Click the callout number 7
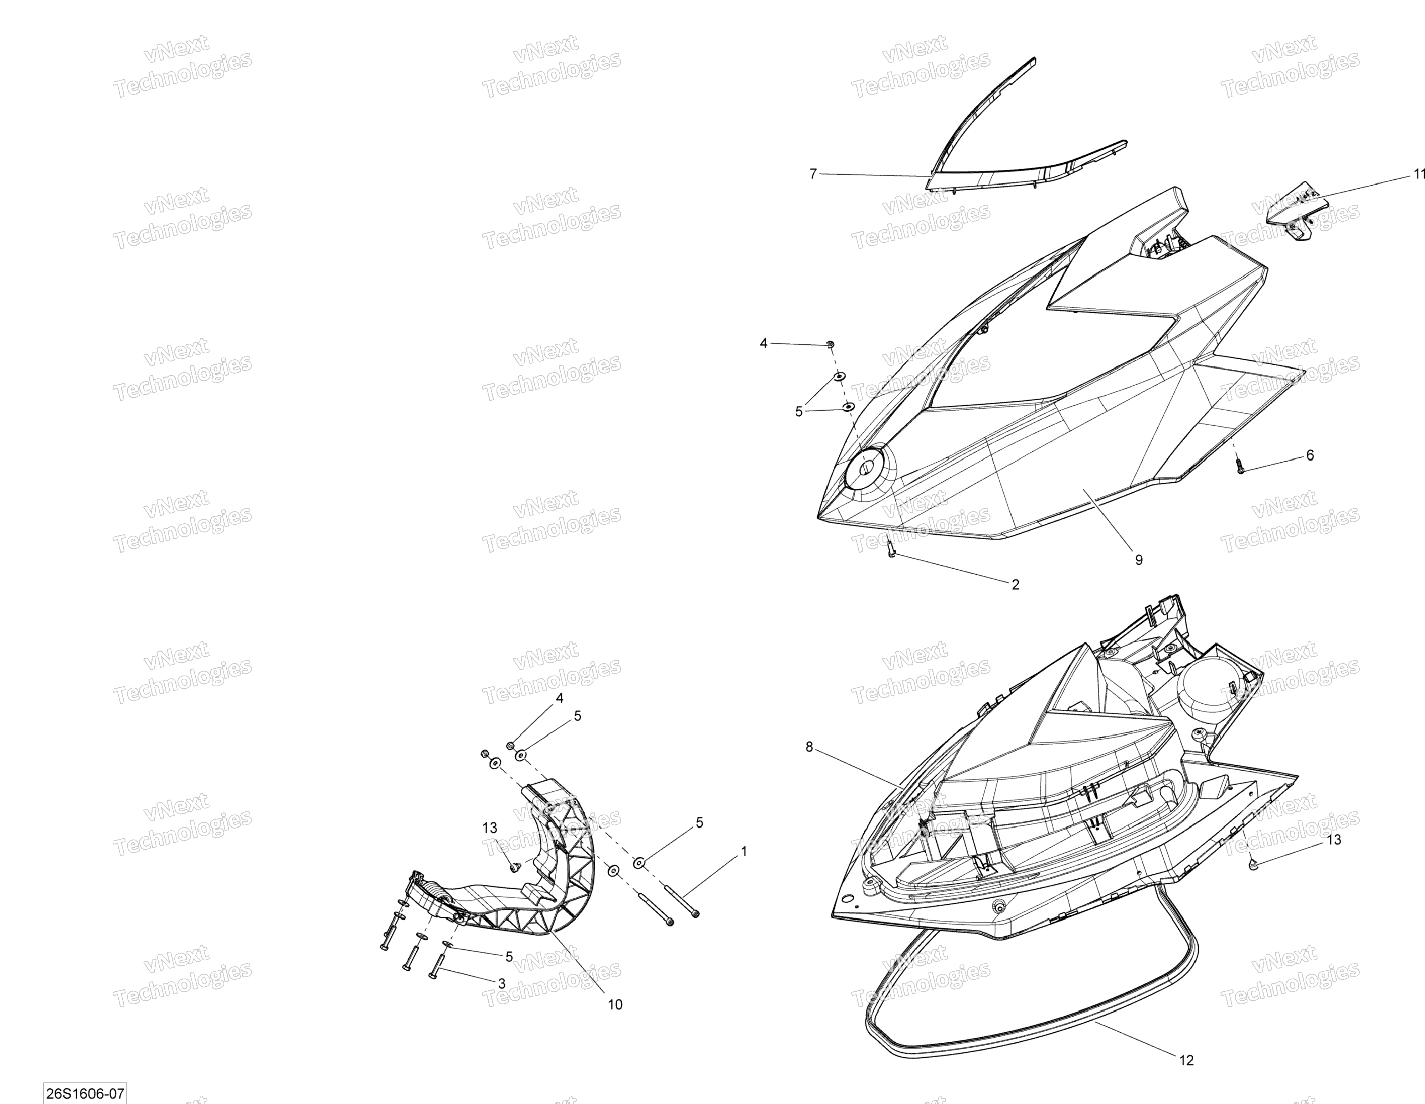click(x=812, y=174)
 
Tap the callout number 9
click(x=1138, y=560)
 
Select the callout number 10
click(x=615, y=1005)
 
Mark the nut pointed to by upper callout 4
click(x=830, y=344)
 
